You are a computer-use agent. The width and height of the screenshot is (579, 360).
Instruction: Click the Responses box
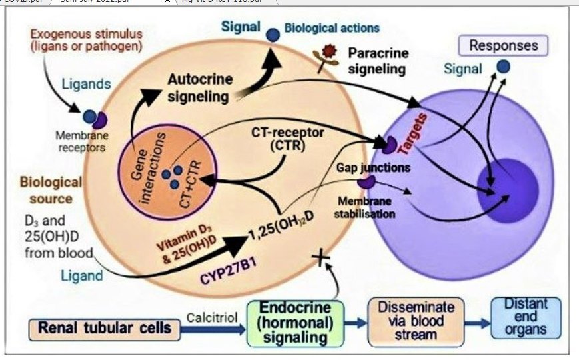click(x=504, y=45)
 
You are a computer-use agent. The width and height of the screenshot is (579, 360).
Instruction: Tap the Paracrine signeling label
click(x=376, y=60)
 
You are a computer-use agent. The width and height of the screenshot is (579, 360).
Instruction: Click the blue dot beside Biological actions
click(x=273, y=36)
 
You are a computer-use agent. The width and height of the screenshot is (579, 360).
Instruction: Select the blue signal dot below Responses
click(x=503, y=66)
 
